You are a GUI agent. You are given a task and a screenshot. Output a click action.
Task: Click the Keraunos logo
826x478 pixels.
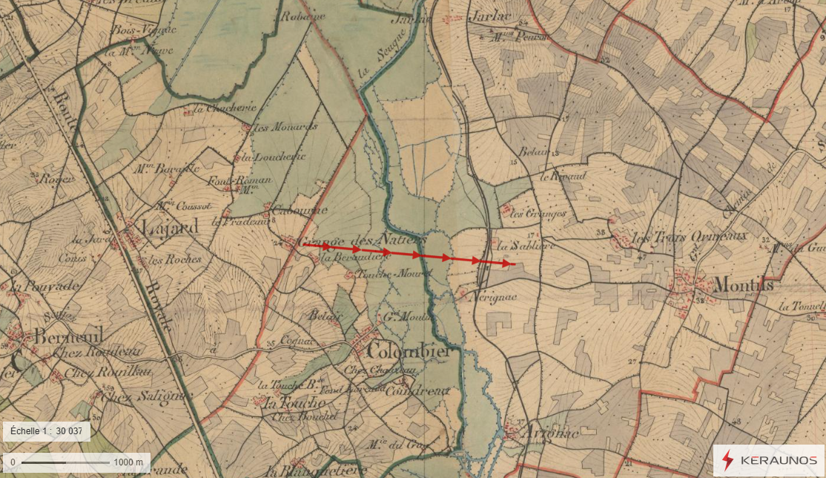click(x=769, y=460)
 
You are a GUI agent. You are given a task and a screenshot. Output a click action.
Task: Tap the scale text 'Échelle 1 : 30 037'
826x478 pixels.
click(x=47, y=431)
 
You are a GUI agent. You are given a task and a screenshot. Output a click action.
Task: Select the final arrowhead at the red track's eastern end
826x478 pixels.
click(x=510, y=263)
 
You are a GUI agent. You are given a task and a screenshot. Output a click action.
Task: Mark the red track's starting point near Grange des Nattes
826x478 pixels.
click(x=303, y=243)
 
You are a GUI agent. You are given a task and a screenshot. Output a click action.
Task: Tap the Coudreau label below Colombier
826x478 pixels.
click(x=417, y=390)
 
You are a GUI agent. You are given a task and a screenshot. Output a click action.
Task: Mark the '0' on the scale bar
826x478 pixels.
click(x=13, y=462)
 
